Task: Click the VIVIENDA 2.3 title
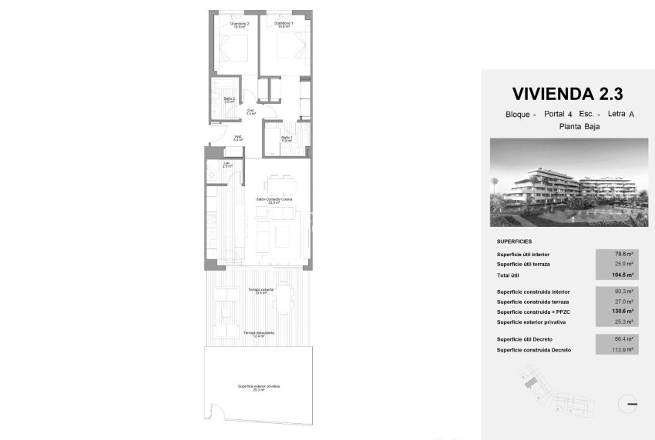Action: (566, 94)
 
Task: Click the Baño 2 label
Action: (229, 100)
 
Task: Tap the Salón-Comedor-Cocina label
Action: (274, 201)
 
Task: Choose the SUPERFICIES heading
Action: (514, 241)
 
